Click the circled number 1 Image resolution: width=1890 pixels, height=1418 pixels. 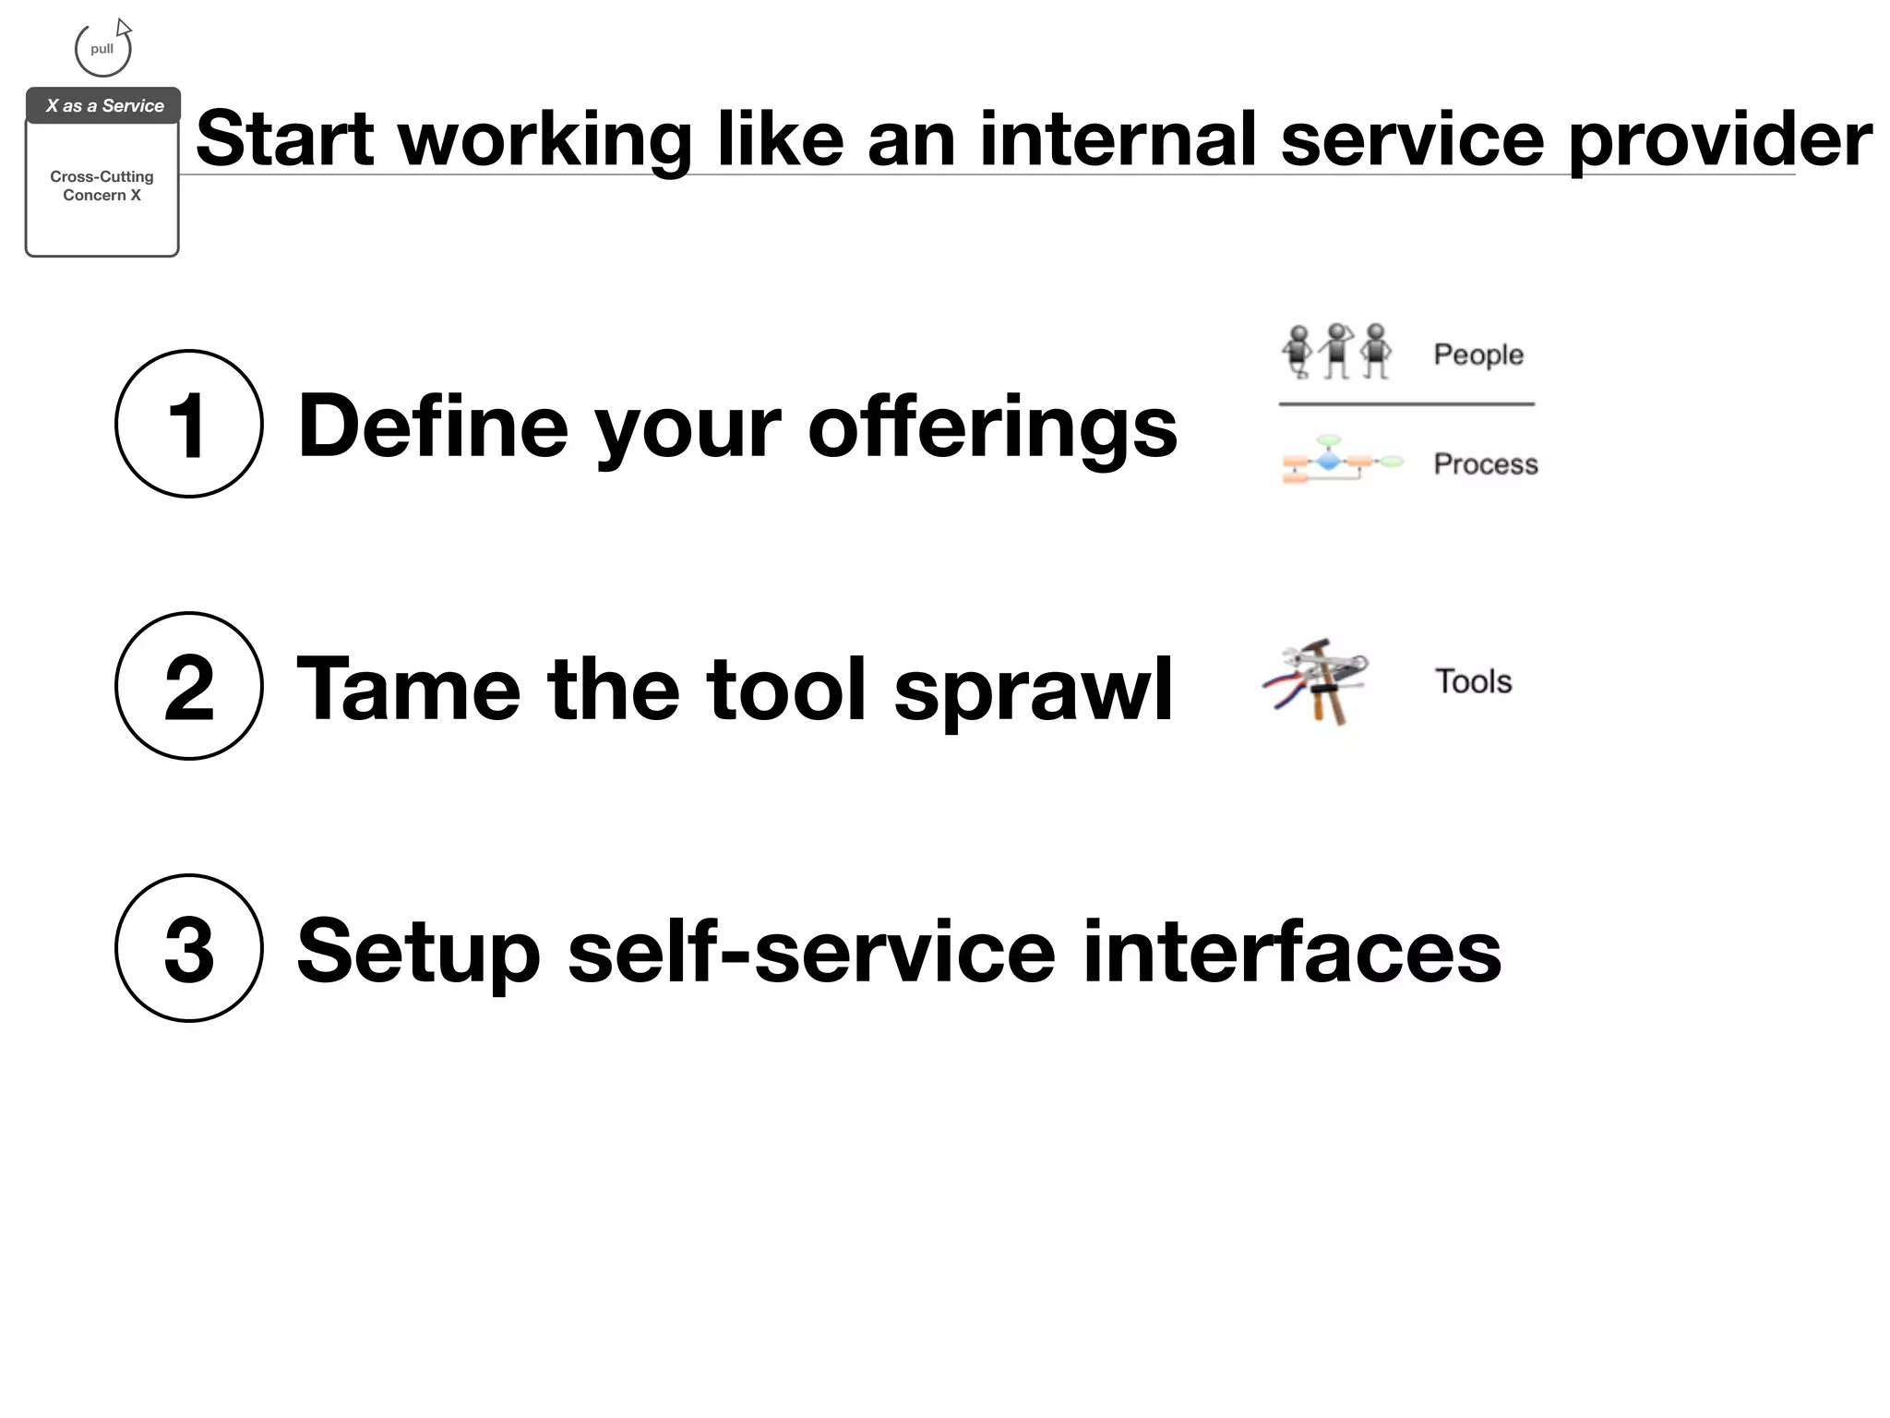[x=189, y=424]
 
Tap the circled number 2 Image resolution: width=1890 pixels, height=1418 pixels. [x=189, y=686]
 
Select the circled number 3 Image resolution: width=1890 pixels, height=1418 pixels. [x=189, y=948]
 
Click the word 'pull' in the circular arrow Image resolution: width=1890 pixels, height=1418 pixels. [x=102, y=49]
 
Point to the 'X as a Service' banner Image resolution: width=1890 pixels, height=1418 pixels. [x=103, y=106]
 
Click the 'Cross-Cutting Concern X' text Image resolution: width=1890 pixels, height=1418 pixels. [x=102, y=186]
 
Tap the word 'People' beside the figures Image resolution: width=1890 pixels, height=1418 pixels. [x=1477, y=354]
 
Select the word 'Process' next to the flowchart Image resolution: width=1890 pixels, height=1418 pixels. [x=1485, y=463]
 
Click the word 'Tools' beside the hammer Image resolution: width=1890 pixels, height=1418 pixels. [x=1473, y=681]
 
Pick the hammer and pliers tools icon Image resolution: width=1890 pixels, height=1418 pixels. [x=1316, y=681]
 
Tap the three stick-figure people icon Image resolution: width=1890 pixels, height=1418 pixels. [x=1336, y=352]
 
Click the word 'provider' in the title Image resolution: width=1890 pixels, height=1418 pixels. [x=1719, y=140]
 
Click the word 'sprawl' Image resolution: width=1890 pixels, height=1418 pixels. [x=1033, y=690]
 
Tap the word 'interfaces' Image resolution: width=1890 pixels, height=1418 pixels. [x=1291, y=952]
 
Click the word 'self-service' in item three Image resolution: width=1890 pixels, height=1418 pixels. [x=811, y=952]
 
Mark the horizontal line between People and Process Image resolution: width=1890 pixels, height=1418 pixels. [x=1406, y=403]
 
